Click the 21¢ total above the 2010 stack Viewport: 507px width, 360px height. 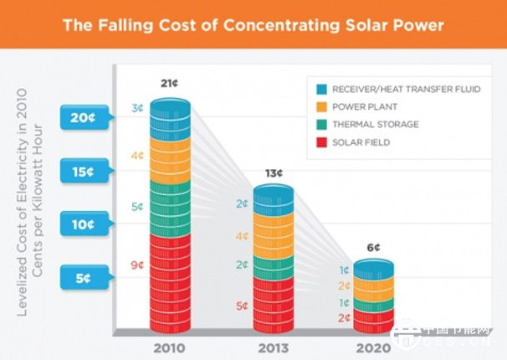pos(171,84)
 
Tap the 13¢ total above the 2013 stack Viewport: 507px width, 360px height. pos(274,172)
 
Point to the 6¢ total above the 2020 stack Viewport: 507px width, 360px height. pos(372,248)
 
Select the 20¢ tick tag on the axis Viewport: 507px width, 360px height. pos(83,118)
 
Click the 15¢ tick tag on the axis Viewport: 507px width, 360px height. pos(83,172)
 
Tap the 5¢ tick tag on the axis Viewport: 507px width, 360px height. pos(83,276)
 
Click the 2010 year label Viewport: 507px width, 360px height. pos(170,347)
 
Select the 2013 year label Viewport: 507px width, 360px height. pos(273,347)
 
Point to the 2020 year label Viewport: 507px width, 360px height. pos(371,347)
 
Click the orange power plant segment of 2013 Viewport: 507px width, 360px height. pos(274,236)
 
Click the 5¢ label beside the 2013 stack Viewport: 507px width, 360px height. pos(242,306)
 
